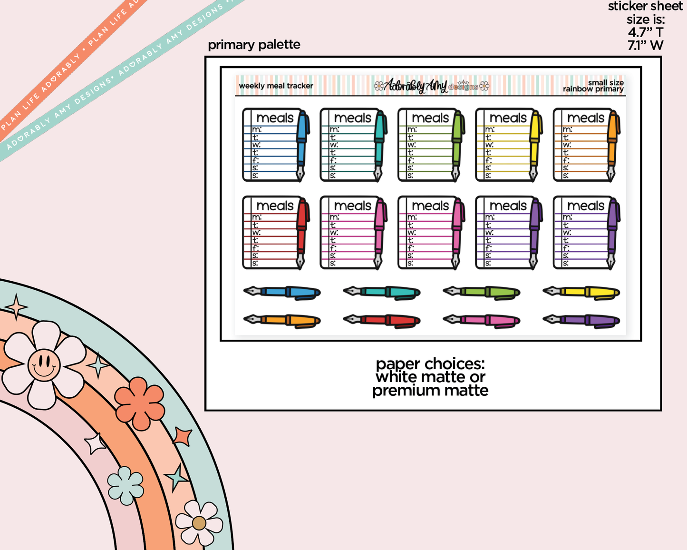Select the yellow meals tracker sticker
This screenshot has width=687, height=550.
pos(507,145)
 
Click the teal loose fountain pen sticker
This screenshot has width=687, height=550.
pos(382,292)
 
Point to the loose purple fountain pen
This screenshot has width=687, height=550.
pos(581,320)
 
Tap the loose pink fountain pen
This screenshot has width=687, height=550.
pos(482,320)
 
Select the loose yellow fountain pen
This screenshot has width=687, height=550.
pos(581,292)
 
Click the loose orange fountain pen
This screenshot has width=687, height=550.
pos(282,321)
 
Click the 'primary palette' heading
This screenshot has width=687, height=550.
pos(254,45)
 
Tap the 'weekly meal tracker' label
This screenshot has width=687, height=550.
pos(276,86)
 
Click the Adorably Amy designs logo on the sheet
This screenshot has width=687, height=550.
pos(431,86)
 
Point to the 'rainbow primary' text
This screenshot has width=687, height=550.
pos(593,89)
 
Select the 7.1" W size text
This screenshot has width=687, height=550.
pos(645,46)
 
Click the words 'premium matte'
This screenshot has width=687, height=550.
pos(430,391)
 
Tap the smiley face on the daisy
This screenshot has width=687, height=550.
pos(44,365)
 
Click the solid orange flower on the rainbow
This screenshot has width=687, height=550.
pos(139,403)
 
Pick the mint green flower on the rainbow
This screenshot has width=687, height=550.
pos(126,485)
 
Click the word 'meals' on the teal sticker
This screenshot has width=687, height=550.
pos(352,118)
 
